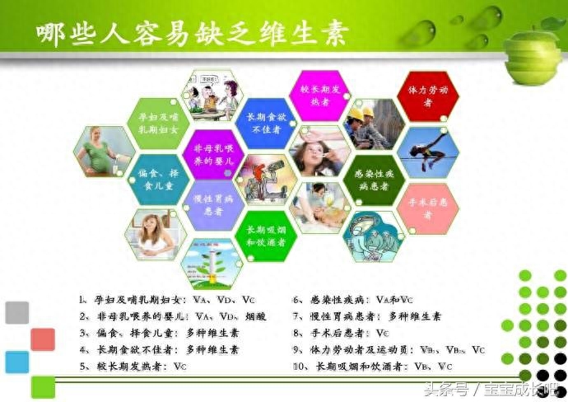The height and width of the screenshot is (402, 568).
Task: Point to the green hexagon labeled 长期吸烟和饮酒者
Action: (265, 236)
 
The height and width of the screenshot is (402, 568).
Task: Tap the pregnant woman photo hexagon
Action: (105, 152)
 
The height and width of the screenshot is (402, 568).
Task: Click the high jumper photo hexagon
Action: (427, 152)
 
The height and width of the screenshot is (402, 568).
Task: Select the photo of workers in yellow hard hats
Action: (374, 124)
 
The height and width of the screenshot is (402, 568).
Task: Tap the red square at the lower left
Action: (43, 339)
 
